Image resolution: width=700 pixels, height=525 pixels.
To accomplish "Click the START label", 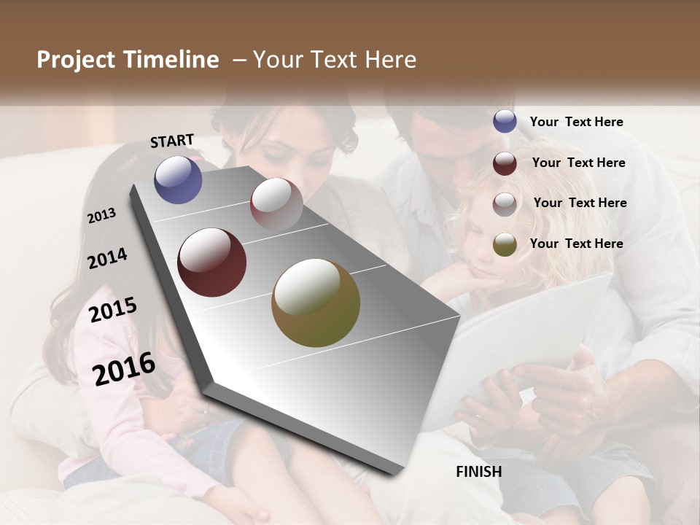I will (172, 141).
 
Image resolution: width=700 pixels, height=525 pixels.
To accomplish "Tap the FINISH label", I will (479, 472).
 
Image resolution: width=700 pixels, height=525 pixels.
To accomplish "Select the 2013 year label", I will (102, 215).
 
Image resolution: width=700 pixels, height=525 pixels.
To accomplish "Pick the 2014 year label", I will (108, 258).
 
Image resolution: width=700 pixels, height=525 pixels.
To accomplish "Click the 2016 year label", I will (124, 368).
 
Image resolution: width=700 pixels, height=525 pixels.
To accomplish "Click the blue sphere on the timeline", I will (178, 179).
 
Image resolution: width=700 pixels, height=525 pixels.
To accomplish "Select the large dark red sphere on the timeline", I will (212, 262).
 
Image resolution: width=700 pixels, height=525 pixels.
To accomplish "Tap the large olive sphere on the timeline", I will (316, 303).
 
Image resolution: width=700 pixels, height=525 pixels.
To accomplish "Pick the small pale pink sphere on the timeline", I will (276, 204).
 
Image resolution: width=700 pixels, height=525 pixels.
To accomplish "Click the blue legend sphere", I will (505, 122).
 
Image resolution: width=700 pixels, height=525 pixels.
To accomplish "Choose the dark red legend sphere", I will (505, 163).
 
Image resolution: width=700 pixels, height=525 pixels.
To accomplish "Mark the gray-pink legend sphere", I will (505, 203).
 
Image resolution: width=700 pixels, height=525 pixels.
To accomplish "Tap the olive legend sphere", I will (505, 244).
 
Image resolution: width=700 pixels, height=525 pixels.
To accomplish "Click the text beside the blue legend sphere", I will (576, 122).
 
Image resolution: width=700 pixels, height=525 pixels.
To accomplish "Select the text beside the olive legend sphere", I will (576, 244).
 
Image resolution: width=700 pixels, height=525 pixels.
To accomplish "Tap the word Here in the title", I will (391, 60).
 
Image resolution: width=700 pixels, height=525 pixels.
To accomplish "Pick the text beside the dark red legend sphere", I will (578, 163).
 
